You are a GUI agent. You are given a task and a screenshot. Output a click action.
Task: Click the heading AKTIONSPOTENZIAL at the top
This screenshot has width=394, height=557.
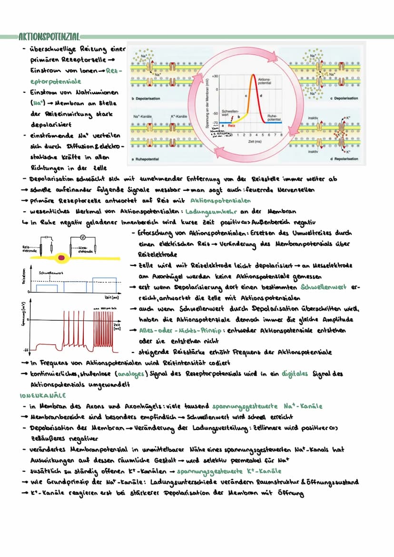48,37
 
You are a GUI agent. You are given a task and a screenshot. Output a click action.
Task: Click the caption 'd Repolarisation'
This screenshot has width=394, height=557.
345,158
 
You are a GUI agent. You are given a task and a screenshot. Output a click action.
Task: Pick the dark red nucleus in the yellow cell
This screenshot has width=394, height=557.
62,258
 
